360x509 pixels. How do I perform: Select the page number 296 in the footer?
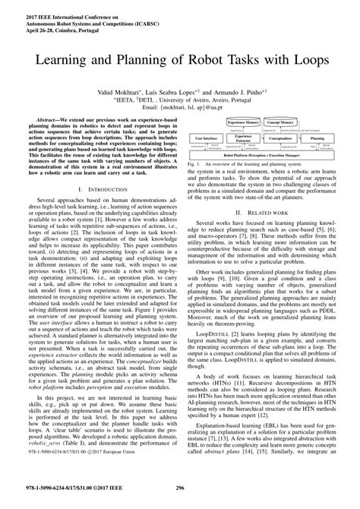click(x=180, y=489)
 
